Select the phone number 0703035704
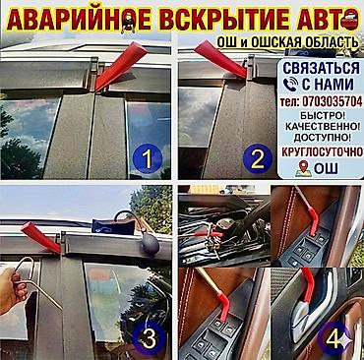point(333,101)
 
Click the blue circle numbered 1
point(148,158)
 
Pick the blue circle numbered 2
point(258,158)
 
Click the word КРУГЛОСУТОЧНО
point(322,151)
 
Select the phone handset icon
point(291,85)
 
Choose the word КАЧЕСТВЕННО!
point(322,127)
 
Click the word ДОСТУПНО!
point(322,138)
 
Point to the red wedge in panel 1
point(120,66)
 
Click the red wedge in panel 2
point(220,59)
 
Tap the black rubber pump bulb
point(151,243)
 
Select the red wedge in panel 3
point(41,237)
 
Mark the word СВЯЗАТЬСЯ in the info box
point(322,68)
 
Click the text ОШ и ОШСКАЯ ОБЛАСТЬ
point(287,42)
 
